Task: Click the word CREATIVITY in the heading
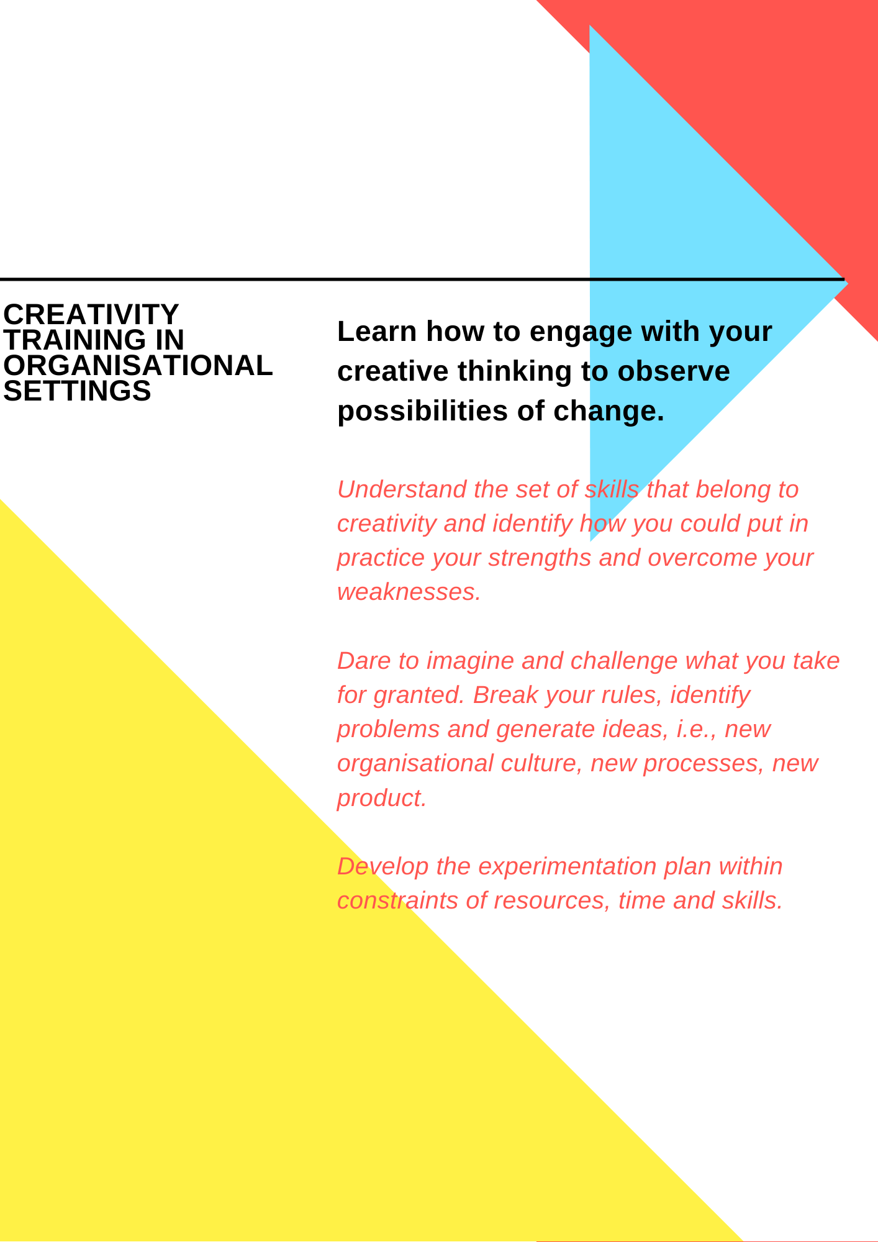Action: [x=91, y=315]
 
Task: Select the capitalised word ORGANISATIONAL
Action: [x=138, y=366]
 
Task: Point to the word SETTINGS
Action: [x=78, y=391]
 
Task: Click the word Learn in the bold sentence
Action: [x=377, y=332]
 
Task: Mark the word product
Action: [x=381, y=799]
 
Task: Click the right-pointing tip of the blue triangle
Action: [x=848, y=283]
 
